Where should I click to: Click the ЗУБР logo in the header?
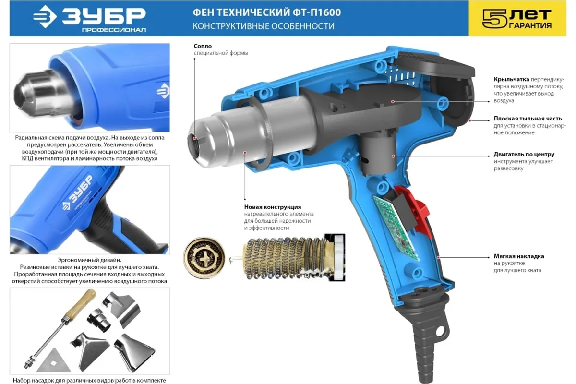(x=89, y=19)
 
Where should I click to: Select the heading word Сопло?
(x=203, y=46)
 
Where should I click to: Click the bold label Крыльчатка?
(x=511, y=79)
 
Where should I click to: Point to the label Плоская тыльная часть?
(x=528, y=119)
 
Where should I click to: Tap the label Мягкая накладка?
(x=519, y=256)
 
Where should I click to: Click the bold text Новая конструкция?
(x=273, y=207)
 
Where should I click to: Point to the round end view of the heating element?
(x=204, y=258)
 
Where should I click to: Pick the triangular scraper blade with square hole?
(x=54, y=361)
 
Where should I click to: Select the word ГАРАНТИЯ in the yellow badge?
(x=530, y=25)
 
